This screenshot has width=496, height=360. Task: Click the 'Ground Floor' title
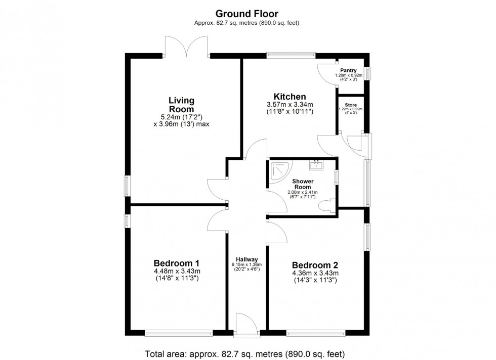(247, 14)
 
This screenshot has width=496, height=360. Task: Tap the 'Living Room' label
(181, 105)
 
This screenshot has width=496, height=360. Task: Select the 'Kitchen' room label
(290, 97)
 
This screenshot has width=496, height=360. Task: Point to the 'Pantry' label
(348, 71)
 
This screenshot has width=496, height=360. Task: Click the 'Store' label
(351, 105)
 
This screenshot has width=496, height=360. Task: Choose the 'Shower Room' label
(303, 184)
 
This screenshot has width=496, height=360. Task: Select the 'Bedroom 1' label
(176, 263)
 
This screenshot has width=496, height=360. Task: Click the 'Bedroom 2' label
(315, 265)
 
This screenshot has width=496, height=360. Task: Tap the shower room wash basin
(316, 164)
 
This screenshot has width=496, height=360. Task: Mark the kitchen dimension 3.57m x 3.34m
(290, 105)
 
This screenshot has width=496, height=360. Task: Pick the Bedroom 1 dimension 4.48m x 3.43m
(176, 271)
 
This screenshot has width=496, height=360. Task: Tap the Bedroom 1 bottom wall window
(178, 333)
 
